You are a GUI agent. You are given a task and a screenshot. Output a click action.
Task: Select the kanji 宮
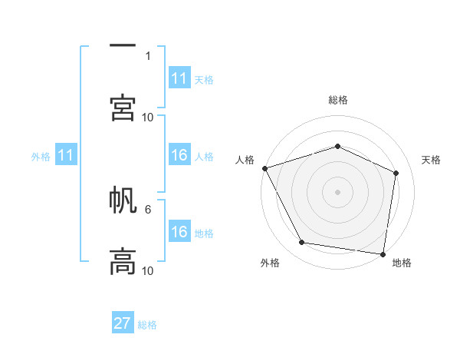point(123,108)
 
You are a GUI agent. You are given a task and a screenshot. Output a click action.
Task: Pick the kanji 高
point(123,261)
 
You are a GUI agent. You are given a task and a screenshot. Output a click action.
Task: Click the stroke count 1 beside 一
point(148,55)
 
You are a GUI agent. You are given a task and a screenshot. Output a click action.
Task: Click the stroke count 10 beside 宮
point(148,117)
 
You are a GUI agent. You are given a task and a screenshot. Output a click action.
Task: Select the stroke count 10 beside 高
point(148,270)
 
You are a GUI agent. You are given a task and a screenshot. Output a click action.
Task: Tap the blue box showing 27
point(123,323)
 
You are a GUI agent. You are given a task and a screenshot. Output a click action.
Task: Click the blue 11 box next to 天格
point(179,78)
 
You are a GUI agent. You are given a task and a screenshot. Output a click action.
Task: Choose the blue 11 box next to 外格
point(66,155)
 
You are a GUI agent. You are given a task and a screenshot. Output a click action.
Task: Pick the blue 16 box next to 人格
point(179,155)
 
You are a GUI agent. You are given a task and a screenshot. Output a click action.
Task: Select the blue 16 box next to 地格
point(179,232)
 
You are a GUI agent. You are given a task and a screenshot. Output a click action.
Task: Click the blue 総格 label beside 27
point(147,324)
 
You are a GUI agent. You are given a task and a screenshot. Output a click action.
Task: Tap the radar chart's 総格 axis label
point(338,100)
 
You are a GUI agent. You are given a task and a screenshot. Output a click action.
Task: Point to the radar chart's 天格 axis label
point(432,160)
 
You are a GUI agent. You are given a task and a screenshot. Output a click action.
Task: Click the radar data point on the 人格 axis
point(264,168)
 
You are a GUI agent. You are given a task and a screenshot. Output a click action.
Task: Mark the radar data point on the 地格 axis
point(383,253)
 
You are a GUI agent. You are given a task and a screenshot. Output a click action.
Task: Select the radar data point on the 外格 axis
point(302,243)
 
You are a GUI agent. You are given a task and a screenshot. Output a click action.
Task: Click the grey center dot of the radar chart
point(337,191)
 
